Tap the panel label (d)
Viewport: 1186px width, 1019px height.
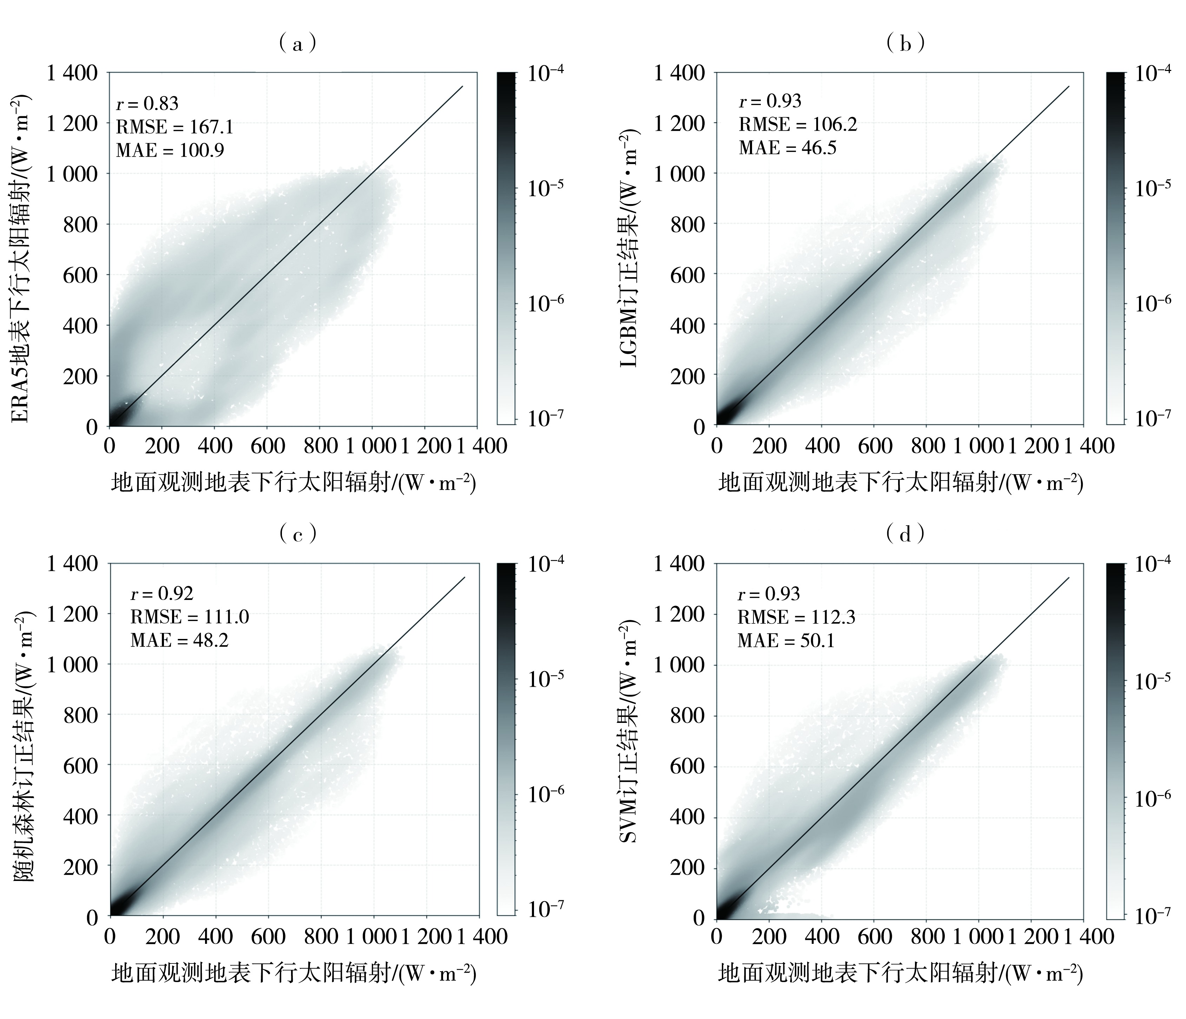coord(905,534)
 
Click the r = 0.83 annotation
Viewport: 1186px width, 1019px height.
coord(147,103)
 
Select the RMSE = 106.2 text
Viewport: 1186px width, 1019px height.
coord(797,124)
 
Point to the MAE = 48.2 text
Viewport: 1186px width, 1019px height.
coord(179,640)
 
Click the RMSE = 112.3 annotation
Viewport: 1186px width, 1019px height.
coord(796,617)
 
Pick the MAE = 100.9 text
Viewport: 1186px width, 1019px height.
coord(170,150)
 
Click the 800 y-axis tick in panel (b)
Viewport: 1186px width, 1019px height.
coord(688,224)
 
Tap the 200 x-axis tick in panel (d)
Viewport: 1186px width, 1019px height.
coord(769,936)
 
